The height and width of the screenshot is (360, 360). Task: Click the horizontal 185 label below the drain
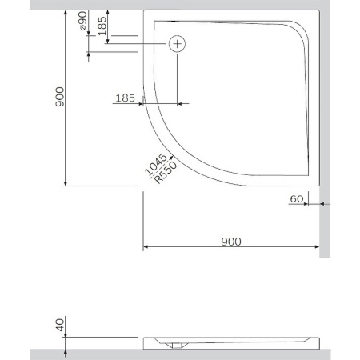pyautogui.click(x=124, y=98)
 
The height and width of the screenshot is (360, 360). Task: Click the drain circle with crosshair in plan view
pyautogui.click(x=177, y=44)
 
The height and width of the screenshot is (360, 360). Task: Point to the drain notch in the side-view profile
pyautogui.click(x=175, y=346)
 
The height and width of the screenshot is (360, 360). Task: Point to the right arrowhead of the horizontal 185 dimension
pyautogui.click(x=174, y=104)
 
